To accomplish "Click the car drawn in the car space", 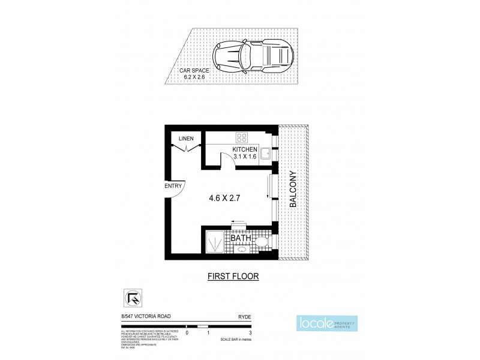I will [253, 56].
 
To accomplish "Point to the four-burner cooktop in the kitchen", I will [244, 136].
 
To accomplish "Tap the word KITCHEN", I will [245, 149].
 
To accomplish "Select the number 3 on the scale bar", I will [250, 332].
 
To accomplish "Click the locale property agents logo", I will [326, 325].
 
